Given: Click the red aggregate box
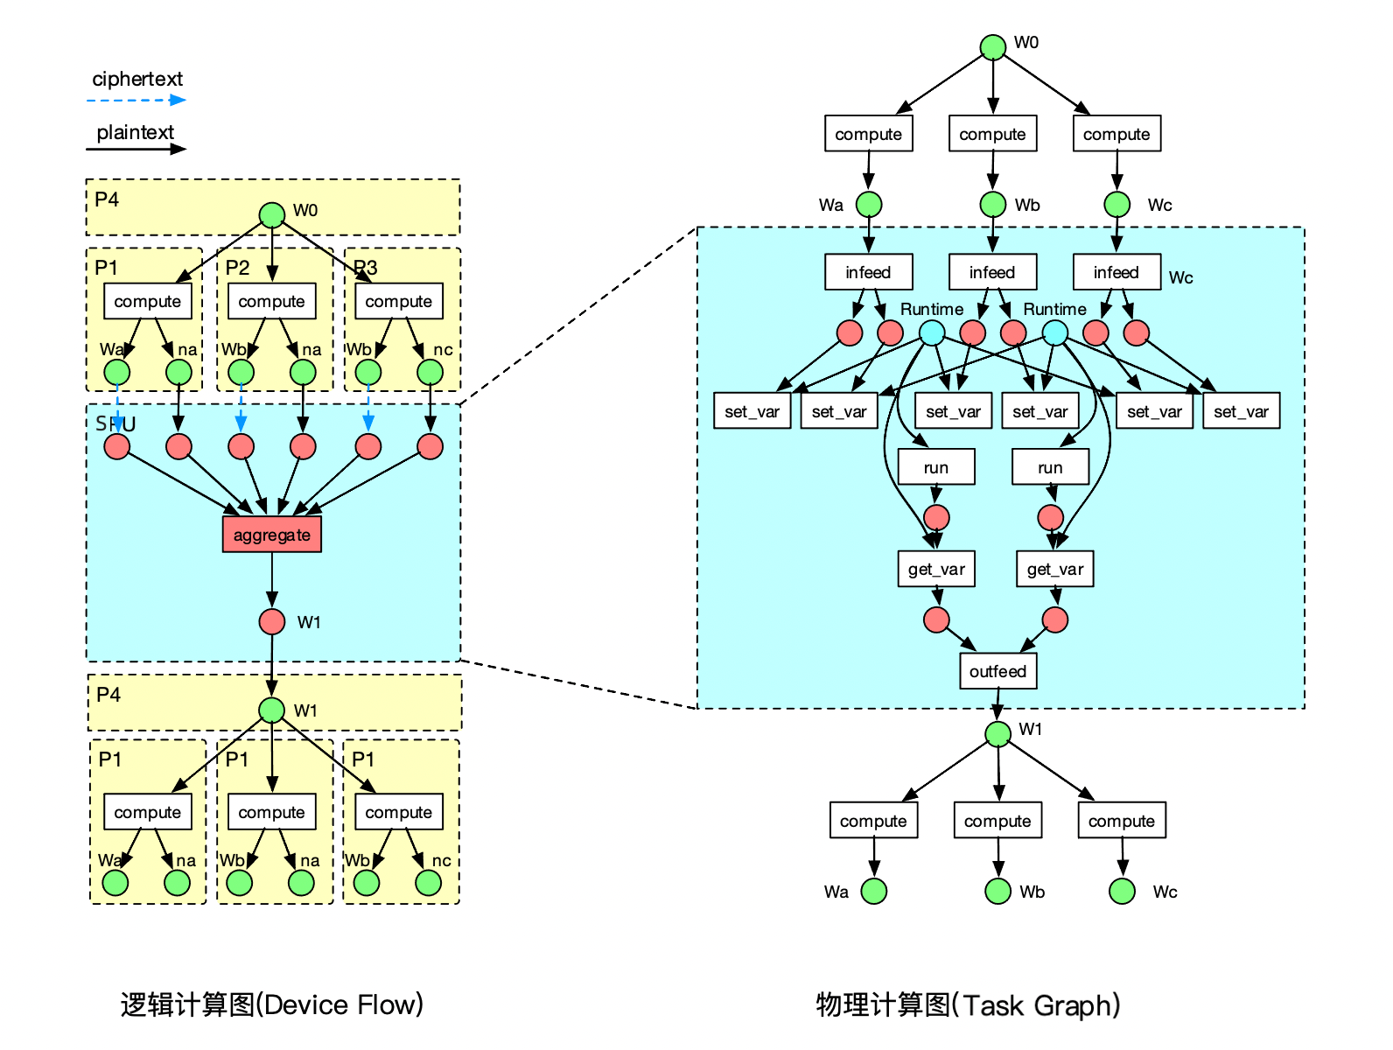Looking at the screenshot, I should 272,535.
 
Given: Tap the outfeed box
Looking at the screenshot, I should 997,671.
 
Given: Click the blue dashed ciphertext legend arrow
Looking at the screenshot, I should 136,100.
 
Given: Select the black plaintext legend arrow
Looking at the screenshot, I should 136,149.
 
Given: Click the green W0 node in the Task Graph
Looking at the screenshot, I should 992,46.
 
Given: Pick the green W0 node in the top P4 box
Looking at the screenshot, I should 272,214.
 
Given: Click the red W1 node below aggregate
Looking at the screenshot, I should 272,622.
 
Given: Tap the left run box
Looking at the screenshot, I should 936,467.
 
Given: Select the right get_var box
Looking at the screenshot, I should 1055,570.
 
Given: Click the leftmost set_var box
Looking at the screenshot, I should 752,411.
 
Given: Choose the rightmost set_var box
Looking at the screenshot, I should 1241,411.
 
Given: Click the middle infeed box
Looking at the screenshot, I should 992,272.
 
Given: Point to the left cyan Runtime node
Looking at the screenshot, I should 932,332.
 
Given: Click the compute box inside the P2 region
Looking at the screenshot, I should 272,301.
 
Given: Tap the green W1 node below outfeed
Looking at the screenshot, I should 997,733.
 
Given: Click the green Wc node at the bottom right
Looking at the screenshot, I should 1122,891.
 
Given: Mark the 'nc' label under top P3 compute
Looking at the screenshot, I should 443,349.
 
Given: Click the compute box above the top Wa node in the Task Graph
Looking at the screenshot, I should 868,134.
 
